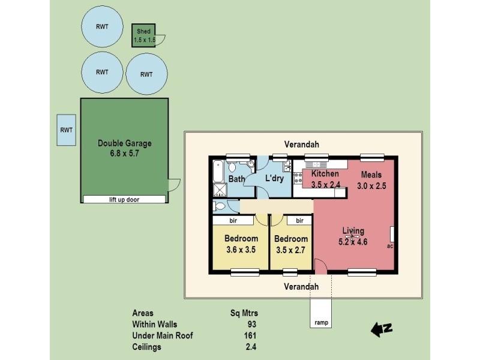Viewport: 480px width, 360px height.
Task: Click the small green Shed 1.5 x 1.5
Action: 144,35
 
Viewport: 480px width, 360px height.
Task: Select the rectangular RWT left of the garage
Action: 66,130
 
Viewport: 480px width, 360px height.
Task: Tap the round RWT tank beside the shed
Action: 103,26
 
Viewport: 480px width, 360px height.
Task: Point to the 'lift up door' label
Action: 124,200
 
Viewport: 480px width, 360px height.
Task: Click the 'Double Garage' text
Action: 125,143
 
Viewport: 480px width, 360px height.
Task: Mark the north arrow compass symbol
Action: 381,328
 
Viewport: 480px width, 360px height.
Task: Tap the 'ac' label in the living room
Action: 390,245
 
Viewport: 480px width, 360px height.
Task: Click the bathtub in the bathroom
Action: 217,172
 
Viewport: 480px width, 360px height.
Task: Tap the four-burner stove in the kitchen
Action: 298,178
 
